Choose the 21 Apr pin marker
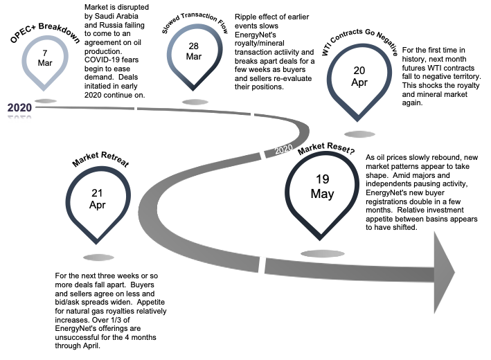tap(98, 200)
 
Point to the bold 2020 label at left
tap(19, 107)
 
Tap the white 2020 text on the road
tap(283, 149)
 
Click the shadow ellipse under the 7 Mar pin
tap(46, 101)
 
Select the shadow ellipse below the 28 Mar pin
tap(195, 102)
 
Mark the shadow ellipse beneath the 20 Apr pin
tap(360, 134)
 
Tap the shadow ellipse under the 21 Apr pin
tap(98, 258)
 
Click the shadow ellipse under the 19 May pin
tap(322, 253)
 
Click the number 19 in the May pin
tap(323, 180)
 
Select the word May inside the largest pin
tap(323, 195)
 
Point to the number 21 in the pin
tap(97, 194)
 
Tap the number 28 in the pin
tap(194, 46)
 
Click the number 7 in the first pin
tap(45, 53)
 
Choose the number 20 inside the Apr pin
tap(359, 71)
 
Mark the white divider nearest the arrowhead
tap(262, 264)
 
